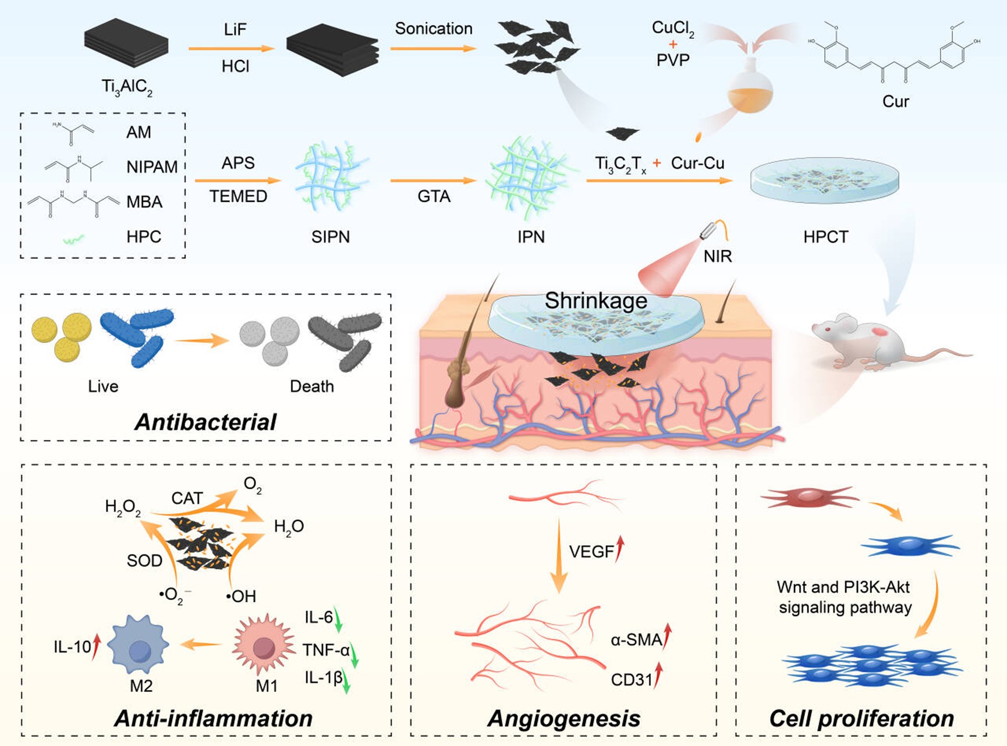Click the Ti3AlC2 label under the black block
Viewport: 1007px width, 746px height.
(x=127, y=87)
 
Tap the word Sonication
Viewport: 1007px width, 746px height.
(x=434, y=29)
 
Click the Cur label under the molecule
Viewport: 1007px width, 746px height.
(x=895, y=102)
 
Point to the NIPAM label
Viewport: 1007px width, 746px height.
(x=152, y=167)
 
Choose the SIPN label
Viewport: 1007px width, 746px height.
(x=331, y=237)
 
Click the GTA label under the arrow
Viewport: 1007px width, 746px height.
(x=434, y=197)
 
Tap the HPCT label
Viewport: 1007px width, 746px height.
(x=825, y=237)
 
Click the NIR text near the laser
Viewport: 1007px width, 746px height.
(x=717, y=256)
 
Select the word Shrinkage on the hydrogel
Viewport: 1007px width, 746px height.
(x=595, y=301)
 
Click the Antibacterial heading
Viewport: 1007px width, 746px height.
(x=205, y=422)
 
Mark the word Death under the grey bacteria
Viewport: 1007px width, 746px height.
(x=312, y=386)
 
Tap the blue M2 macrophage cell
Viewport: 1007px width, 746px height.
(x=139, y=645)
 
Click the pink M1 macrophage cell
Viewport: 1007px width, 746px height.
(x=263, y=645)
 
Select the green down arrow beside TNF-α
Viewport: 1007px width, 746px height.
(x=354, y=655)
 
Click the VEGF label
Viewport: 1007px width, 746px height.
(x=591, y=552)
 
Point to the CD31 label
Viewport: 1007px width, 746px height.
(x=632, y=680)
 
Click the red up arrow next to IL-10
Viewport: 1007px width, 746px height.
(x=97, y=646)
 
